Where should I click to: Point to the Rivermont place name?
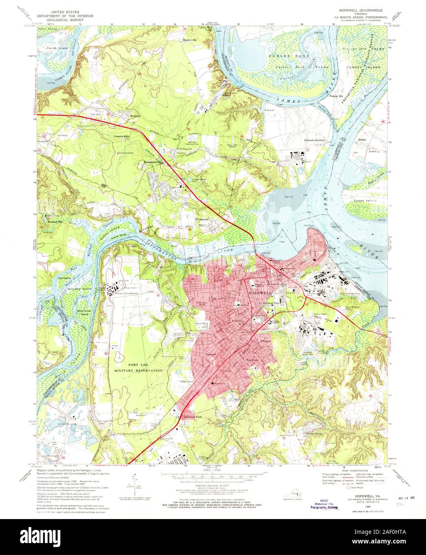[x=203, y=219]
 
